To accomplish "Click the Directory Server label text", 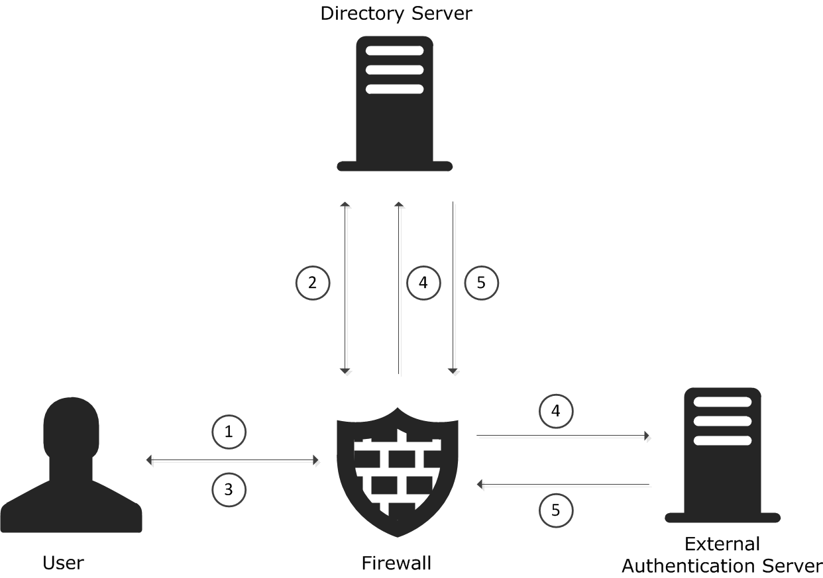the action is [396, 14].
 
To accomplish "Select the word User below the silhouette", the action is [63, 563].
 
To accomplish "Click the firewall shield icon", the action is [398, 472].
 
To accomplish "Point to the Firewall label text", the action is [396, 563].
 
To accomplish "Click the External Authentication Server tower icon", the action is [723, 456].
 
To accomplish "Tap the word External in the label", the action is [722, 544].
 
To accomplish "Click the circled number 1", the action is [229, 432].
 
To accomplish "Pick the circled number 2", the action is [313, 283].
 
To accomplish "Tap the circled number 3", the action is [229, 490].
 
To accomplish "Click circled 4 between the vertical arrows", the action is [423, 283].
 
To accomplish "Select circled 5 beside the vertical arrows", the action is [481, 283].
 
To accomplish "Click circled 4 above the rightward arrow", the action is [556, 411].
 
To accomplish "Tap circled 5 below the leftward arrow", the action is [556, 510].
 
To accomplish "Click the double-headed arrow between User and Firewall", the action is [233, 460].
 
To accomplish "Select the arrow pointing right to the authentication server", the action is [563, 436].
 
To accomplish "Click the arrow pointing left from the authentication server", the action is [563, 485].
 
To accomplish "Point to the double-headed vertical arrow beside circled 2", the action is [345, 288].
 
